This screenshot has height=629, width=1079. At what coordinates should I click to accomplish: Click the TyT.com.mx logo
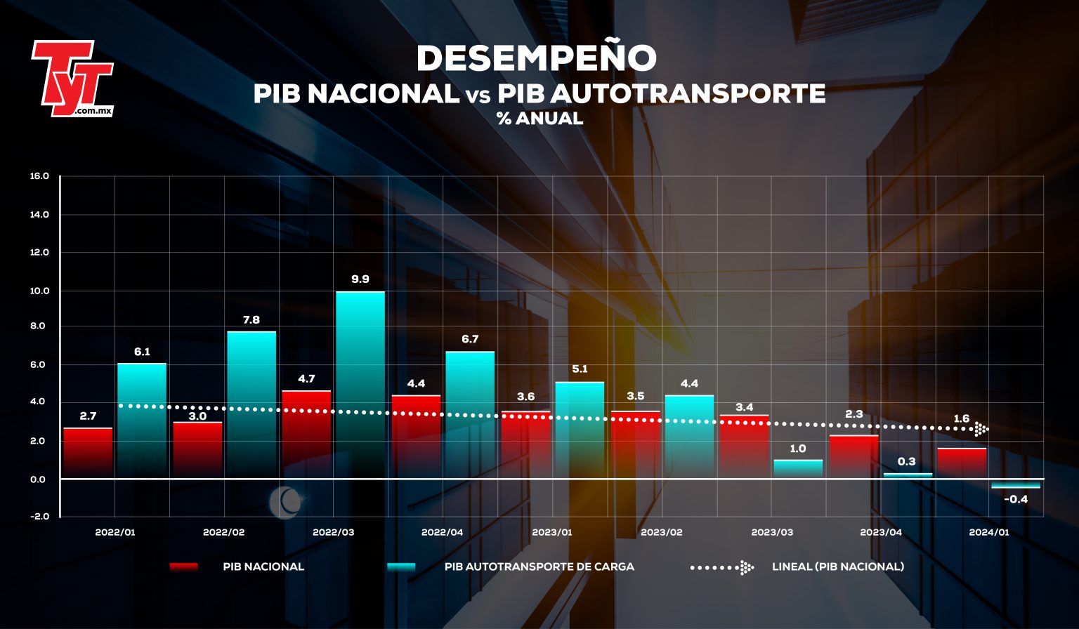coord(72,78)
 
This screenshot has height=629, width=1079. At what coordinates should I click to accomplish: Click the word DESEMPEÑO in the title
coord(536,58)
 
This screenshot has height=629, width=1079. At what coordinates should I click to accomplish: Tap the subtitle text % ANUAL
coord(539,119)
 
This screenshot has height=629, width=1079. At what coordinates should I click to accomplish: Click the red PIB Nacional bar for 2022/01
coord(88,453)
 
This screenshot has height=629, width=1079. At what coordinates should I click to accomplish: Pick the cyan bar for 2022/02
coord(251,404)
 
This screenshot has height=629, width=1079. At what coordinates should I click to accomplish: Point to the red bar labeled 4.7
coord(306,434)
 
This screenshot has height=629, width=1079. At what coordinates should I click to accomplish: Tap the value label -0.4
coord(1016,500)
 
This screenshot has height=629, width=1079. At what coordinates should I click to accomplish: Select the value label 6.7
coord(470,339)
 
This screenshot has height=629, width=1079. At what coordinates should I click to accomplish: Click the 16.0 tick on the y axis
coord(39,176)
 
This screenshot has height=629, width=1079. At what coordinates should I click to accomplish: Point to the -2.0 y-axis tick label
coord(39,516)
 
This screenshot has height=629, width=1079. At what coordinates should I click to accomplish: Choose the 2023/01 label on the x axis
coord(551,532)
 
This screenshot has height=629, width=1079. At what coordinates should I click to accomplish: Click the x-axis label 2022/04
coord(442,532)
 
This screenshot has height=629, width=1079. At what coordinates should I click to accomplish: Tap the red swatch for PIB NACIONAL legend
coord(183,567)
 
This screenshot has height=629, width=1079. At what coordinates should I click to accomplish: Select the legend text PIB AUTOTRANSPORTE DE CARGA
coord(539,567)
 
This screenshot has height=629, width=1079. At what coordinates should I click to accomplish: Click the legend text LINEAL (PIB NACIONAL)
coord(837,567)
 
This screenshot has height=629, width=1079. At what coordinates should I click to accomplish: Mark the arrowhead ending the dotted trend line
coord(981,429)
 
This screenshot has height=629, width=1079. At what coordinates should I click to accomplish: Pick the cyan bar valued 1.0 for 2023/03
coord(798,468)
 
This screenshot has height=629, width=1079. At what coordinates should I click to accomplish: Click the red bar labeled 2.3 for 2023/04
coord(854,456)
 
